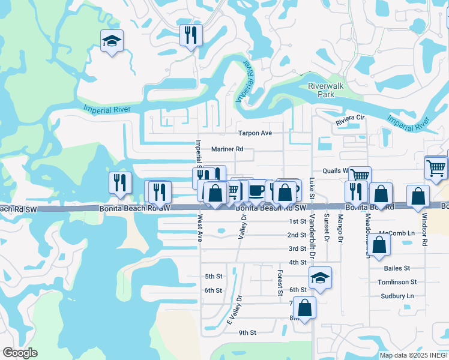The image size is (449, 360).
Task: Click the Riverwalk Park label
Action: [325, 90]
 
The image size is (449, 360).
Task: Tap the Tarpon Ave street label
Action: [255, 133]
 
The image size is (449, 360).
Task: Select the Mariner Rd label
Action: [228, 149]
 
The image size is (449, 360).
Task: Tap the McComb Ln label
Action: [397, 233]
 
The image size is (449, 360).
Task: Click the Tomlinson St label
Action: [397, 282]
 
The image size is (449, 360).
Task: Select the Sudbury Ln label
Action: [397, 296]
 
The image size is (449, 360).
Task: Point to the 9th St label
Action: [247, 332]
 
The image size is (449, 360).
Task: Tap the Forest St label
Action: [280, 283]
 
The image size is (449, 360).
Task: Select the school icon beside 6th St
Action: [321, 277]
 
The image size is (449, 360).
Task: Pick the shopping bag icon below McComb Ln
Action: [379, 244]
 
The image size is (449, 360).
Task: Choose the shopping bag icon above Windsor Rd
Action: [418, 196]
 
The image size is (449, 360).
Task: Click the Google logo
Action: [20, 353]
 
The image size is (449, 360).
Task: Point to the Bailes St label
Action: [398, 268]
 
